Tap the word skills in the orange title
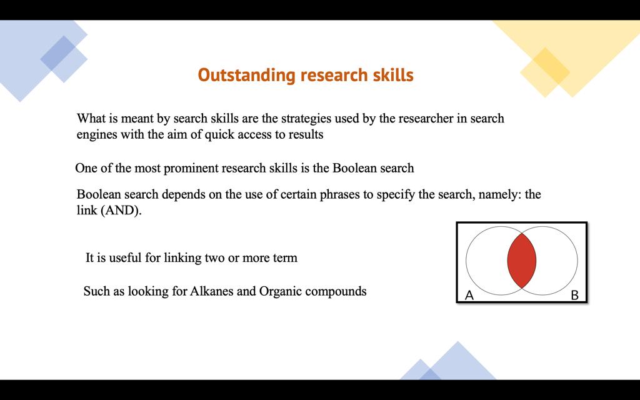tap(394, 75)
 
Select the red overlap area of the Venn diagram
tap(522, 260)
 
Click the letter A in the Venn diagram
tap(469, 295)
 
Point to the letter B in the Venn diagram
tap(575, 295)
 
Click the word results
tap(306, 134)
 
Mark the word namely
tap(501, 194)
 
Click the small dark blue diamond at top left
tap(64, 59)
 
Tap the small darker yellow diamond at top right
tap(545, 72)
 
